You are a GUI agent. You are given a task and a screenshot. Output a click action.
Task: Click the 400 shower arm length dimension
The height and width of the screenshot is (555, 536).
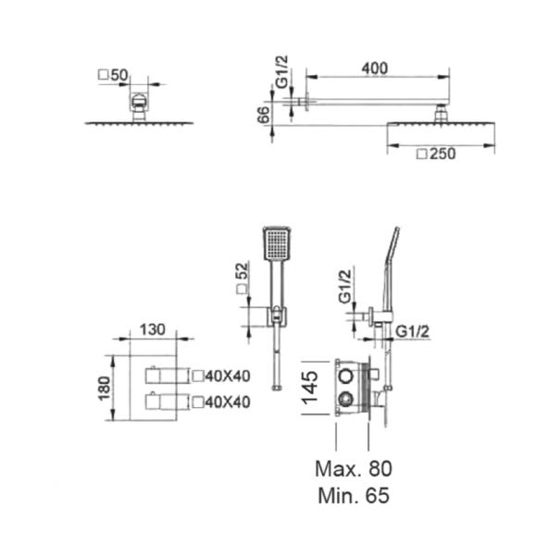374,68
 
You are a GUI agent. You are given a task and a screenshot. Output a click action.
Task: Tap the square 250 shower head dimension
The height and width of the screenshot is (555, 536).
436,154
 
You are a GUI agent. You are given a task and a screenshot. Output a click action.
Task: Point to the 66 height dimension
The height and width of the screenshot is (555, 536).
263,115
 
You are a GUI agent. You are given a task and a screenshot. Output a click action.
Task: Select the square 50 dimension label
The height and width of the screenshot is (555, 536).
113,75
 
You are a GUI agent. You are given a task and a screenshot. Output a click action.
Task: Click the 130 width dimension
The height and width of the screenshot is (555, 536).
153,330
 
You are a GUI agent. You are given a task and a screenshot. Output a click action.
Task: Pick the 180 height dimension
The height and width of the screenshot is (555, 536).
105,388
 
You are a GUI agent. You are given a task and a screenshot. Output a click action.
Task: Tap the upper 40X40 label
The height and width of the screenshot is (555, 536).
221,376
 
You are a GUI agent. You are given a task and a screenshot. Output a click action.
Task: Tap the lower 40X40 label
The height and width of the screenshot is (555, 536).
221,402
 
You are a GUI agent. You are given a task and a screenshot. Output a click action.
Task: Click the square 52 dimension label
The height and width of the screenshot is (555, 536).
243,277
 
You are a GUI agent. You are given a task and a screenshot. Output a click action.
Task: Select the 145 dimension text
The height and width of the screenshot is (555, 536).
309,388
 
